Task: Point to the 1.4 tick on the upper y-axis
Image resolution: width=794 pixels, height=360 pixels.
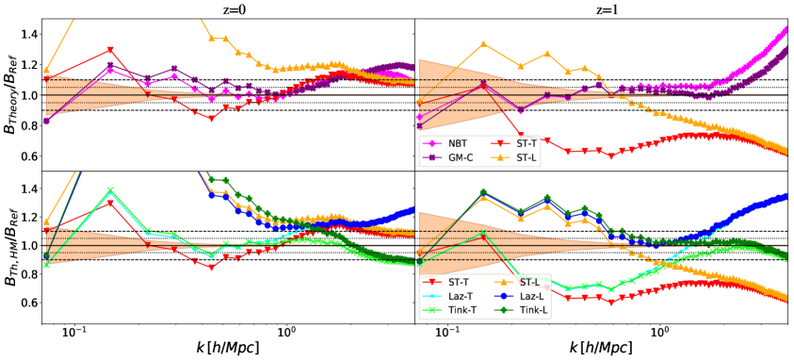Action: pos(27,35)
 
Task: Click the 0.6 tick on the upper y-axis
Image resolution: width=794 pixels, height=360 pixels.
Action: pos(27,155)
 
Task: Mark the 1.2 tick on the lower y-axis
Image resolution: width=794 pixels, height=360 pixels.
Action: pos(27,217)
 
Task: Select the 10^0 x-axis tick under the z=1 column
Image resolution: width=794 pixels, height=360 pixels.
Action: pos(660,331)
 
